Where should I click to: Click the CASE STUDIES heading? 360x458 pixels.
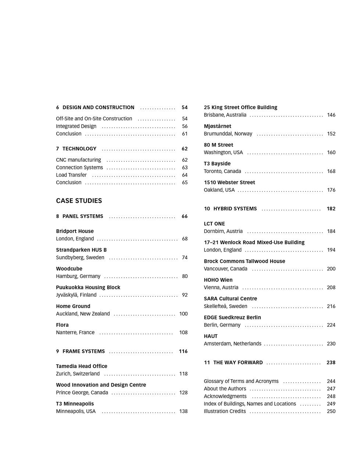pyautogui.click(x=79, y=201)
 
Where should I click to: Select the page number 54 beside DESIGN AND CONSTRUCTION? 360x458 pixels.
pyautogui.click(x=185, y=107)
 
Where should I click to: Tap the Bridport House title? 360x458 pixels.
pyautogui.click(x=75, y=231)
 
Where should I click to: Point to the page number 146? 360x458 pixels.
pyautogui.click(x=331, y=115)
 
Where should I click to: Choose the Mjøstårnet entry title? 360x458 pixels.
pyautogui.click(x=217, y=126)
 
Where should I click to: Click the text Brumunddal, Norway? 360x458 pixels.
pyautogui.click(x=228, y=134)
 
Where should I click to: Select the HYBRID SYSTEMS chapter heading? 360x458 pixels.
pyautogui.click(x=235, y=208)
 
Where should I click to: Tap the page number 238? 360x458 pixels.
pyautogui.click(x=331, y=362)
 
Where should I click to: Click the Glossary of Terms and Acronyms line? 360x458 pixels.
pyautogui.click(x=241, y=381)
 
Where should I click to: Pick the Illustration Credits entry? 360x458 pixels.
pyautogui.click(x=225, y=411)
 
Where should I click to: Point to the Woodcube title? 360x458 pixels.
pyautogui.click(x=69, y=269)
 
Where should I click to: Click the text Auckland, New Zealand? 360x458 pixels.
pyautogui.click(x=83, y=314)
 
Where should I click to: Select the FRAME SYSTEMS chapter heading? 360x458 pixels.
pyautogui.click(x=83, y=351)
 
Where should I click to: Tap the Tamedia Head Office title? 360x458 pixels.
pyautogui.click(x=82, y=366)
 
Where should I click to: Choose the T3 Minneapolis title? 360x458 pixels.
pyautogui.click(x=75, y=404)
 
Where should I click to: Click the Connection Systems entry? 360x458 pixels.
pyautogui.click(x=79, y=168)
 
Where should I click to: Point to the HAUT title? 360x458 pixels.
pyautogui.click(x=211, y=336)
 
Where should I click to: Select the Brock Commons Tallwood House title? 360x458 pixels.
pyautogui.click(x=245, y=261)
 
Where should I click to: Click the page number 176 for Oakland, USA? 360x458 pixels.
pyautogui.click(x=331, y=190)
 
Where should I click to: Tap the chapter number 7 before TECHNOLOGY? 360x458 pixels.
pyautogui.click(x=57, y=149)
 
